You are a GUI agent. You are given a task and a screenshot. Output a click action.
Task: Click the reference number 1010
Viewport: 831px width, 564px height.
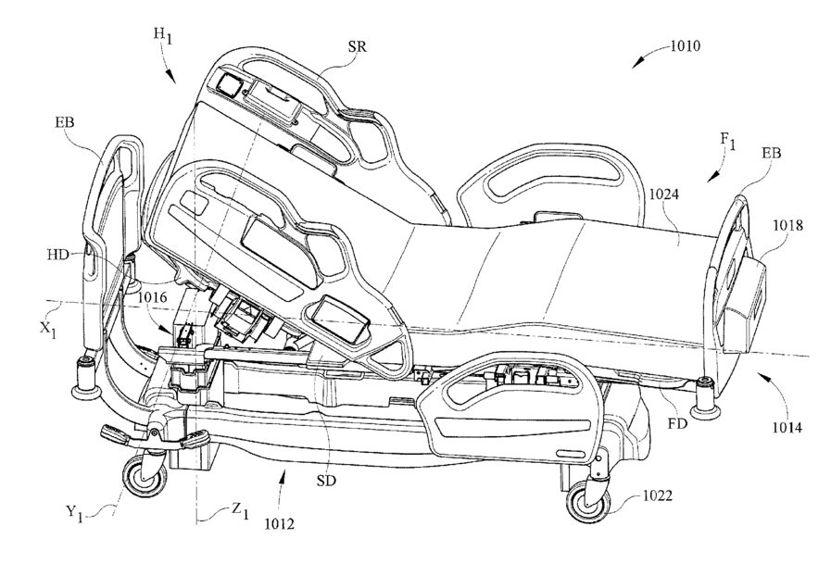[x=686, y=46]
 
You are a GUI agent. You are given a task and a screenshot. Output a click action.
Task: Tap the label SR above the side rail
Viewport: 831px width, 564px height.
[x=358, y=46]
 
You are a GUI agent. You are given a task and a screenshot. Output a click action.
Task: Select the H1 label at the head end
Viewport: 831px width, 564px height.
[x=163, y=35]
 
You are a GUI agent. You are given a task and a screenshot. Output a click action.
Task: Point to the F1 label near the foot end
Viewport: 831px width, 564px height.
[x=727, y=141]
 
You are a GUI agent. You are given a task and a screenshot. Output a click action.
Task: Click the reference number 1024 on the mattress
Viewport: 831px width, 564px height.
[x=664, y=194]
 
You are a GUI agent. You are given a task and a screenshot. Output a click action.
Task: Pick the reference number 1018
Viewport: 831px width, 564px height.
[x=787, y=226]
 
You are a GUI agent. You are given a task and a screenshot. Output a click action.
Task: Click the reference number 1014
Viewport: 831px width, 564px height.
[x=787, y=427]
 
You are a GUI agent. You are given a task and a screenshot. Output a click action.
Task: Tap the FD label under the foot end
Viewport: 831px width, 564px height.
[x=678, y=423]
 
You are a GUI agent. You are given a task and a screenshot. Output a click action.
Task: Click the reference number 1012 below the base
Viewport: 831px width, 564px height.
[x=279, y=524]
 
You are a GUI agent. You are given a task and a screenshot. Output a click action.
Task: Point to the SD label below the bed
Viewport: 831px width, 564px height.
[x=326, y=482]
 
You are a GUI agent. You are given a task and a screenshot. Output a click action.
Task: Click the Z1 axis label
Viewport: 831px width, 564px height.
[x=240, y=510]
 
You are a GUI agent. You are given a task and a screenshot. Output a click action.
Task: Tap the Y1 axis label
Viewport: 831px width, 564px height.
[x=74, y=513]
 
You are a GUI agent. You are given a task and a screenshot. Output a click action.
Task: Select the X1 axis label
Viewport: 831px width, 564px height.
[x=47, y=330]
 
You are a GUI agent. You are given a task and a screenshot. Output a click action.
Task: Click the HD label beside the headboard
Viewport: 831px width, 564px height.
[x=57, y=255]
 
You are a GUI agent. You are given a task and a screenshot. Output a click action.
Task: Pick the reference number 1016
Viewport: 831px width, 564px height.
[x=153, y=297]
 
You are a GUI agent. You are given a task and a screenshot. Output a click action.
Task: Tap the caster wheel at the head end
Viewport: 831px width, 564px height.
[x=145, y=477]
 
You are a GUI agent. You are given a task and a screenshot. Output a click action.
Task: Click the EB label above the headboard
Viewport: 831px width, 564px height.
[x=65, y=123]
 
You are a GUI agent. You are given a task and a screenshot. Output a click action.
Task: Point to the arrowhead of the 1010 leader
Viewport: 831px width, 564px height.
[x=636, y=64]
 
